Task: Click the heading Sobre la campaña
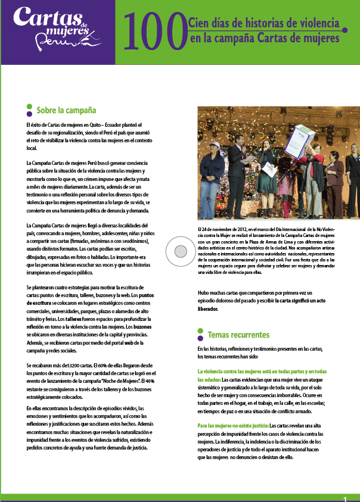click(66, 110)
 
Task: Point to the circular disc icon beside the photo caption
click(177, 248)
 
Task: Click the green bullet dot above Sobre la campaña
click(29, 105)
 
